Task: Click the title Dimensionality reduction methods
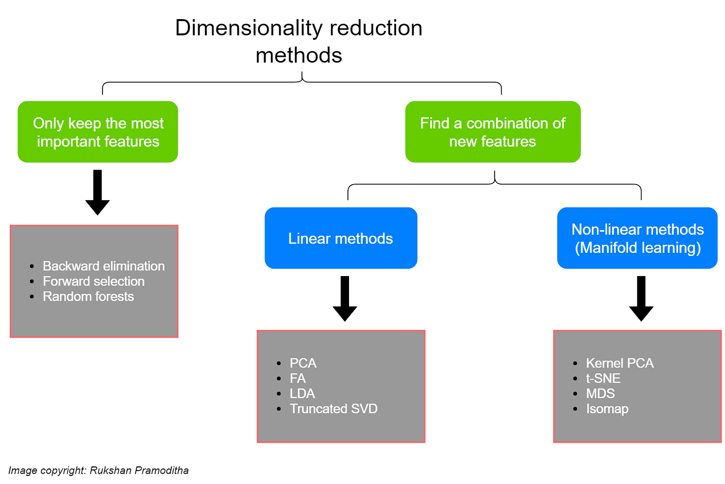click(x=299, y=41)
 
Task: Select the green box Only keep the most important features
click(x=98, y=132)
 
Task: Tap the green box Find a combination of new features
click(x=492, y=132)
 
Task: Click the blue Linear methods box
click(x=341, y=238)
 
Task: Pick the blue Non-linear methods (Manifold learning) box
click(x=637, y=238)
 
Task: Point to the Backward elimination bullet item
click(x=104, y=266)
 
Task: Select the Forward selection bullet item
click(x=94, y=281)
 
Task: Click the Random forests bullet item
click(x=88, y=296)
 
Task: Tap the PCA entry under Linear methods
click(x=303, y=363)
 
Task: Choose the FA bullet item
click(x=298, y=379)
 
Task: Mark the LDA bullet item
click(x=302, y=394)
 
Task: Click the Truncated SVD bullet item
click(x=334, y=409)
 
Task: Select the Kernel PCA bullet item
click(x=619, y=363)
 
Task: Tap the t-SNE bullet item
click(x=603, y=379)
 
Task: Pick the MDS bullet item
click(x=600, y=394)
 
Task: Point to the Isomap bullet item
click(x=607, y=409)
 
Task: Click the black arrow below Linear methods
click(x=345, y=298)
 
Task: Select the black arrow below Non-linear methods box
click(x=641, y=298)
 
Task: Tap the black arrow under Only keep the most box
click(x=97, y=192)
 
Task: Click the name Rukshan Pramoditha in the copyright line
click(x=139, y=471)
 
